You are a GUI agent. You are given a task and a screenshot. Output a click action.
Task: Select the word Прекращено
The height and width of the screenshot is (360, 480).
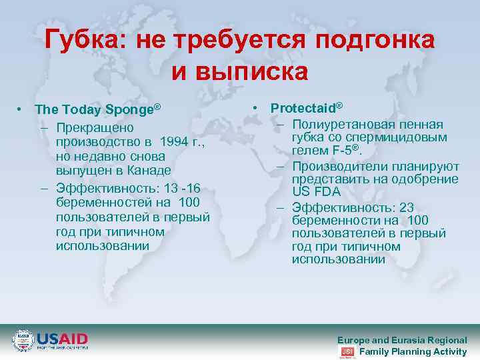coord(95,127)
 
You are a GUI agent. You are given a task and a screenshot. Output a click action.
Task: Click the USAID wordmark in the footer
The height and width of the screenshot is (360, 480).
coord(63,338)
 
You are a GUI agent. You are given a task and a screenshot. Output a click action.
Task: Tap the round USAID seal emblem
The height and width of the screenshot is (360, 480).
coord(23,340)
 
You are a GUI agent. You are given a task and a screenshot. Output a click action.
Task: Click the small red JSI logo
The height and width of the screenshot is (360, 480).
coord(347,351)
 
